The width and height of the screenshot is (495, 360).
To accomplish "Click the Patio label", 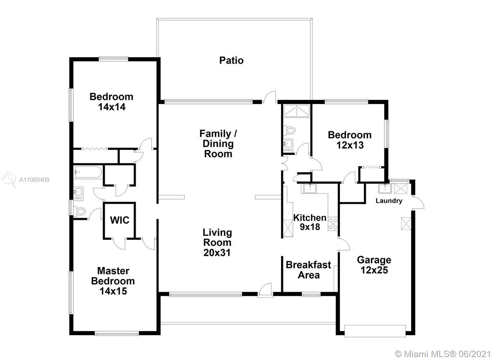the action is [x=231, y=60].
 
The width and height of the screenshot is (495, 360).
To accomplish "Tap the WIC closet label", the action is [x=120, y=220].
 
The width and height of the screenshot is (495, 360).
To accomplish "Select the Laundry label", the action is [x=389, y=201].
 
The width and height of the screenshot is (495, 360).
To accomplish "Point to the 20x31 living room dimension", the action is [x=217, y=253].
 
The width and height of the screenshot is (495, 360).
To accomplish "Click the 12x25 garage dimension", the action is [x=374, y=270].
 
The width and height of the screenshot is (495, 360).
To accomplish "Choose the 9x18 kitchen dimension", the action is [x=310, y=227].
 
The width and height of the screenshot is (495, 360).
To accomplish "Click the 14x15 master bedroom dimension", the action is [x=113, y=291].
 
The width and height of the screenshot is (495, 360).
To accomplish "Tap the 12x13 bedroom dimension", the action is [x=350, y=145].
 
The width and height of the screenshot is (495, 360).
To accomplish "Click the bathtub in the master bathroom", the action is [x=88, y=172].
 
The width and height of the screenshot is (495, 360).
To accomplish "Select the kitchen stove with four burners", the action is [x=333, y=224].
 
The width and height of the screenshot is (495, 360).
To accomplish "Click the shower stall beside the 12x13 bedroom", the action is [x=297, y=111].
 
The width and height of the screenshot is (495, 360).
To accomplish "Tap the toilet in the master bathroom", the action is [x=80, y=211].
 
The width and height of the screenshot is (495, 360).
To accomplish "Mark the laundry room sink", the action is [x=385, y=189].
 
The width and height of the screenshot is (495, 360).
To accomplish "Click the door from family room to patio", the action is [x=270, y=97].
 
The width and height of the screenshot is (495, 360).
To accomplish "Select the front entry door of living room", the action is [x=265, y=290].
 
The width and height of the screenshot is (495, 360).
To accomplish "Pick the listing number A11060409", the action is [x=34, y=180].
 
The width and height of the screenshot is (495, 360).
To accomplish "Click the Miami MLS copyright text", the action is [x=442, y=354].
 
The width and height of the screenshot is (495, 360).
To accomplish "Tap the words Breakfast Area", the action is [x=309, y=270].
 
